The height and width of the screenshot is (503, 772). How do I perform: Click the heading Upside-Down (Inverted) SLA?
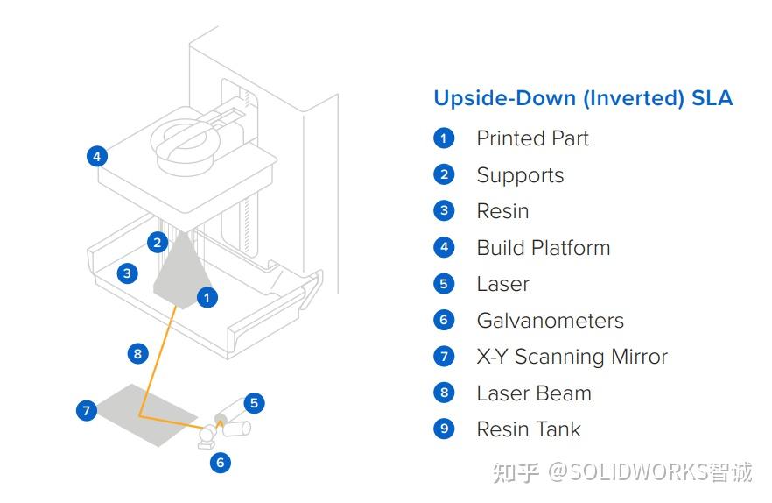pos(583,97)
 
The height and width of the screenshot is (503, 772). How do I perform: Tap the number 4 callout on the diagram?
pos(97,157)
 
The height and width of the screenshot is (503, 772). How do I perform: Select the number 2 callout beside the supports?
pos(158,242)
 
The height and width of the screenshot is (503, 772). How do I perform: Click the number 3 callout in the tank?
pos(127,273)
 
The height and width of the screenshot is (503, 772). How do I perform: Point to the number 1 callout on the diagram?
pos(207,298)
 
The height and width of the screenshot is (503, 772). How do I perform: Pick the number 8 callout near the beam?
pos(137,353)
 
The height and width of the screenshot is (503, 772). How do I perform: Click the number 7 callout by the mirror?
pos(86,410)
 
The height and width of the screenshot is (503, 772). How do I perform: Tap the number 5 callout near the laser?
pos(254,403)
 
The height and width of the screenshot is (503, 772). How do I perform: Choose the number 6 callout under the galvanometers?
pos(220,462)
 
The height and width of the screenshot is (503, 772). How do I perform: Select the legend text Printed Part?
pos(532,138)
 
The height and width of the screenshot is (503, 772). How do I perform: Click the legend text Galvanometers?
pos(550,321)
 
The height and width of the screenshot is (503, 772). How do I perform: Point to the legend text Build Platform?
pos(543,248)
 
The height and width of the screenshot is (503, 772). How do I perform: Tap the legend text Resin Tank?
pos(528,429)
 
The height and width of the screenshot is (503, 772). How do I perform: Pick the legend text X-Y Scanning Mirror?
pos(572,357)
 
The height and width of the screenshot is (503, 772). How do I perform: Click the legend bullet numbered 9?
pos(444,429)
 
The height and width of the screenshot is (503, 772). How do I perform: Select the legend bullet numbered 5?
pos(444,284)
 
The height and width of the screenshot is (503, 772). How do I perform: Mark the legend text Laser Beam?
pos(533,393)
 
